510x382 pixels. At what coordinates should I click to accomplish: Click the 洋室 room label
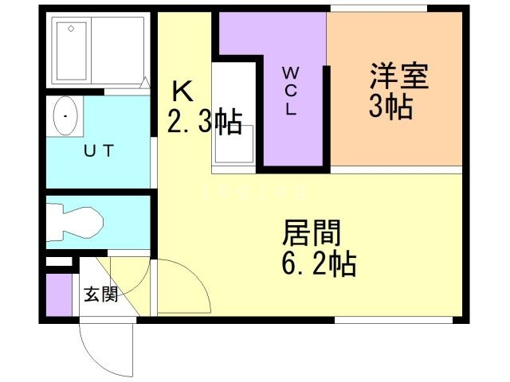pos(399,77)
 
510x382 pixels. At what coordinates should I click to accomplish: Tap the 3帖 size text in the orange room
pos(390,107)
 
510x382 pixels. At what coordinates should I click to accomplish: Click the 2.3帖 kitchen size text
pos(205,122)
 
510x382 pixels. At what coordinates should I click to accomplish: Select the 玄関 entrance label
pos(101,294)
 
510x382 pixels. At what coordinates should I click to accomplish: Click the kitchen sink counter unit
pos(233,119)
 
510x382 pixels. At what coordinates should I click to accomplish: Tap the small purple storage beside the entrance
pos(58,294)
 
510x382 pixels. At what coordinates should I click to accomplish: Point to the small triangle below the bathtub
pos(145,82)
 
